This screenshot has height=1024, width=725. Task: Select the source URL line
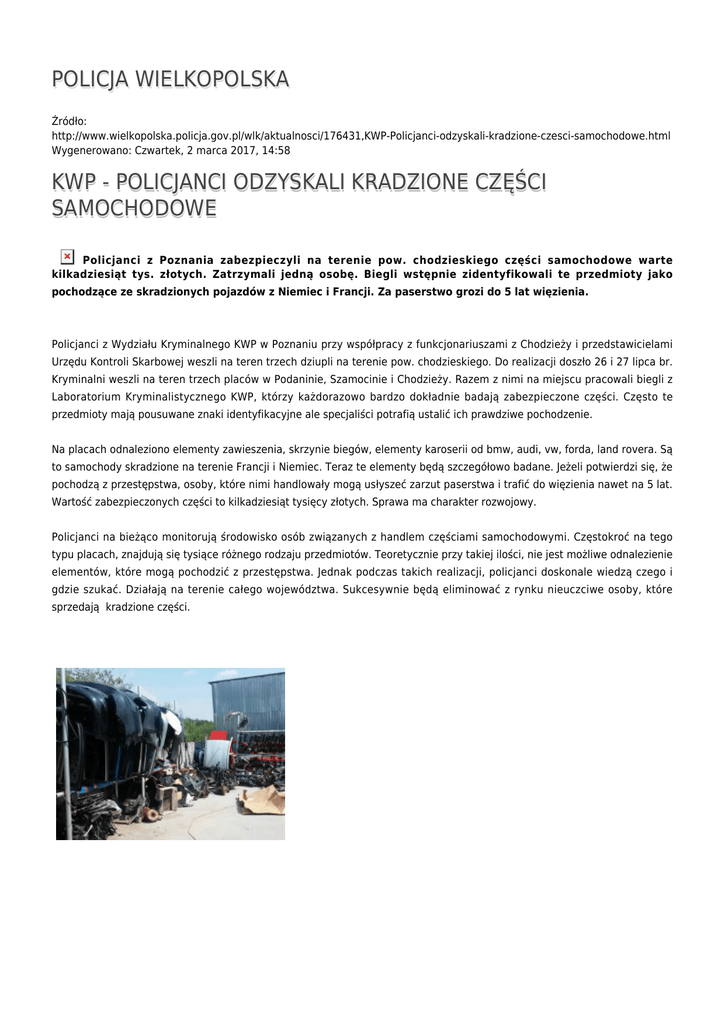tap(360, 135)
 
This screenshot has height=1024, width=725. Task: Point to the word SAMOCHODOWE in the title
tap(134, 209)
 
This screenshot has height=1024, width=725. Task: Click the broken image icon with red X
tap(67, 257)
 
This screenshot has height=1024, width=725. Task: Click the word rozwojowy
tap(507, 502)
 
